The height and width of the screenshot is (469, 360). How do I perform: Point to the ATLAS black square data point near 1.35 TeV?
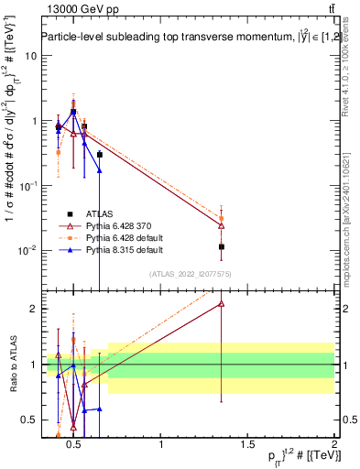pyautogui.click(x=222, y=246)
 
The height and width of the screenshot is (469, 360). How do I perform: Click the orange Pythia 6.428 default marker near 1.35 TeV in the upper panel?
pyautogui.click(x=222, y=218)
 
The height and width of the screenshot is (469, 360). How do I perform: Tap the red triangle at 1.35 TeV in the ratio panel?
pyautogui.click(x=222, y=304)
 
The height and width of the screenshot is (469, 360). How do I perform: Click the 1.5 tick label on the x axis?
pyautogui.click(x=247, y=445)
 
